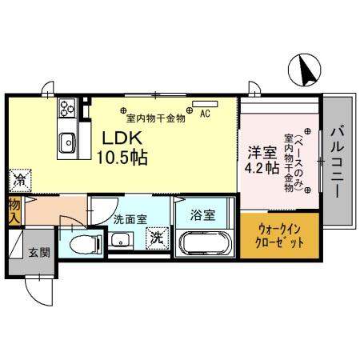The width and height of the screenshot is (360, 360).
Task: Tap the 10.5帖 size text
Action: coord(121,158)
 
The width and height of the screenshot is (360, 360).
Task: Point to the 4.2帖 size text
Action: coord(262,169)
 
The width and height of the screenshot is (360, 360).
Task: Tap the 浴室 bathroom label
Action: coord(202,214)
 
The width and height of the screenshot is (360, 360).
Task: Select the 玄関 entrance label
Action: coord(39,253)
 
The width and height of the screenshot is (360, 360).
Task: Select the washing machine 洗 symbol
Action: coord(157,238)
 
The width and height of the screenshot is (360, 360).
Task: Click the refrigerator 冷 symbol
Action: coord(17,180)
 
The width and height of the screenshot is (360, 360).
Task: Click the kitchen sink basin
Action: coord(66,141)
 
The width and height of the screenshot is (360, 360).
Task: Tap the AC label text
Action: coord(205,113)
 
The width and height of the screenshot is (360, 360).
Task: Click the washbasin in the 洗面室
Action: coord(122,241)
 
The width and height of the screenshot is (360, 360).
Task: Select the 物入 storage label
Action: coord(14,210)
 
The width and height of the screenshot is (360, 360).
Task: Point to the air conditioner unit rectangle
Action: coord(205,102)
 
